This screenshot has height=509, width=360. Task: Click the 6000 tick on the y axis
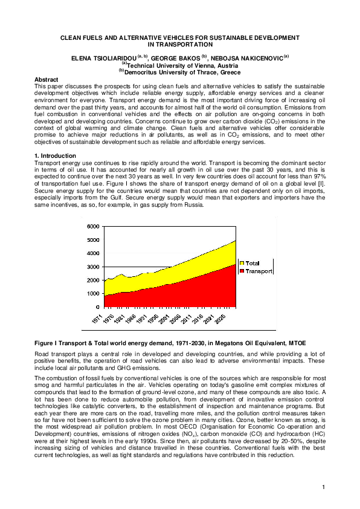pos(94,226)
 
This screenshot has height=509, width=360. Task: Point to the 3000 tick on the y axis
pos(94,267)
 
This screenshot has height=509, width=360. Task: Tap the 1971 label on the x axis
pos(97,318)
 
